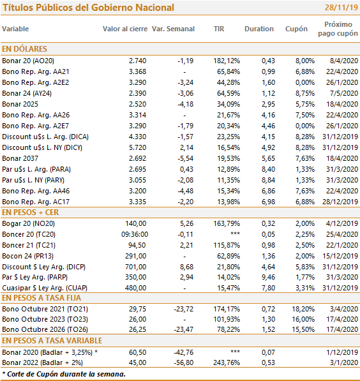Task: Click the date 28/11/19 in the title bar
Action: (341, 8)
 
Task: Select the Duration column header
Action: (259, 29)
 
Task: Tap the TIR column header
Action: (219, 29)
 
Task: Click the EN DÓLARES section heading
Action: (24, 49)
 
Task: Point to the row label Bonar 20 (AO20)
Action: (28, 61)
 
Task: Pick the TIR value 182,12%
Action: (227, 61)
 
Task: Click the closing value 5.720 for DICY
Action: (137, 147)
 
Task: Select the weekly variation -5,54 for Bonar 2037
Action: (186, 158)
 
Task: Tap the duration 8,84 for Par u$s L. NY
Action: (268, 180)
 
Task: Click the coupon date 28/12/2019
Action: (340, 202)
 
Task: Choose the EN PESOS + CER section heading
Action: (30, 213)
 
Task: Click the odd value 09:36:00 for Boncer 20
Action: (135, 234)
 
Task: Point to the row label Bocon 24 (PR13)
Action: (27, 256)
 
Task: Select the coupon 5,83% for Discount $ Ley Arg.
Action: (305, 267)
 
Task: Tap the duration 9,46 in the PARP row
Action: (268, 277)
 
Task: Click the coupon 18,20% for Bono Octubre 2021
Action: (303, 309)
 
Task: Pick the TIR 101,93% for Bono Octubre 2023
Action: (227, 319)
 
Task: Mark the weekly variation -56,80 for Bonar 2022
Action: (184, 362)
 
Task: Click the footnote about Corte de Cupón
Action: (64, 374)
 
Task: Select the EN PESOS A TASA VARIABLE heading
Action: (52, 341)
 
